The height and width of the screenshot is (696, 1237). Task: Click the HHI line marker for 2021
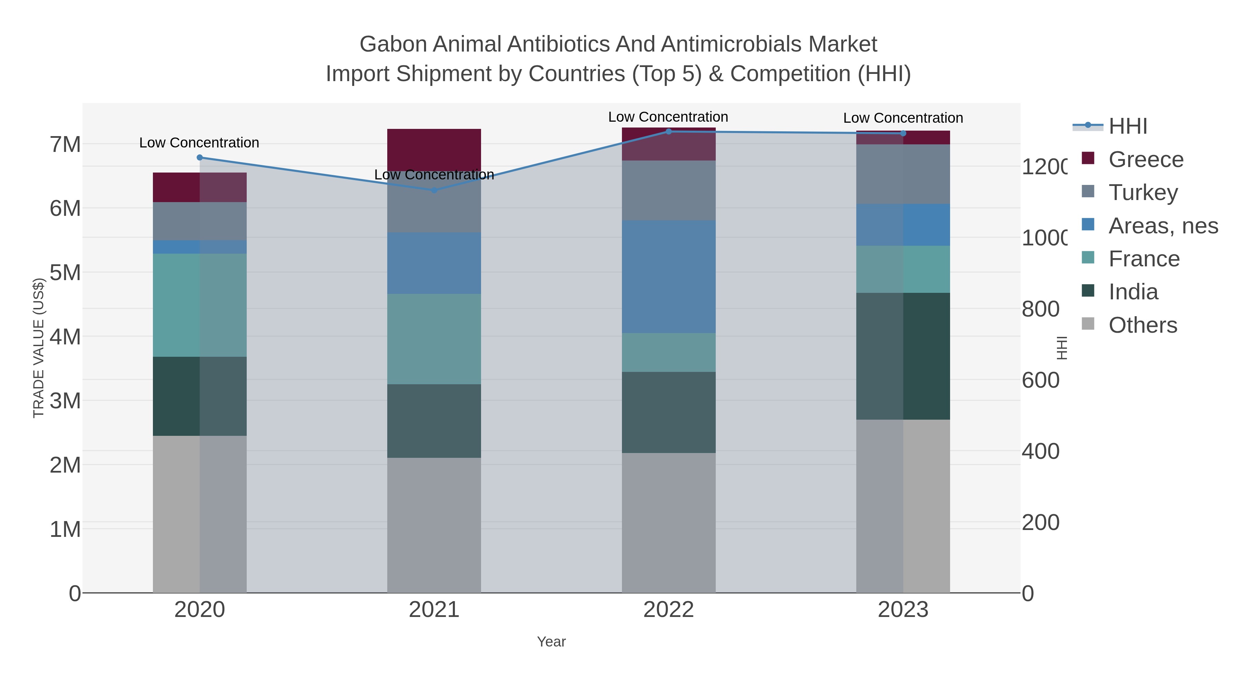[434, 190]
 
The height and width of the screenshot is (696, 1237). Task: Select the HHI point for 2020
[200, 157]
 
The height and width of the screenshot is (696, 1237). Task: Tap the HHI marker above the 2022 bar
[668, 132]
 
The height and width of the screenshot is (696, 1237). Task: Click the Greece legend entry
[1146, 159]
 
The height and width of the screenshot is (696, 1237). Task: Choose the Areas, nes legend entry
[1162, 226]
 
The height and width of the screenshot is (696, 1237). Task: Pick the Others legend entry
[1143, 325]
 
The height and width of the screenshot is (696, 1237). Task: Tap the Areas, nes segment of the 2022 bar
[668, 277]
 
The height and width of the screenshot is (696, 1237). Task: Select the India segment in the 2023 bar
[903, 356]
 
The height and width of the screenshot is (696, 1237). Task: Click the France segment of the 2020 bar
[200, 305]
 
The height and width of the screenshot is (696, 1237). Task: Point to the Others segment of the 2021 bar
[434, 524]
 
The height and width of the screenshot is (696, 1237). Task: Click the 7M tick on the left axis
[65, 144]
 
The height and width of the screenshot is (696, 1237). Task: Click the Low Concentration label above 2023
[903, 118]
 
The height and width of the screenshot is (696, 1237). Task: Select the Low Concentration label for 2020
[199, 143]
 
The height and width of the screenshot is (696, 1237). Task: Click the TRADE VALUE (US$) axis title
[38, 348]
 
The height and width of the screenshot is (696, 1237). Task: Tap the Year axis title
[551, 642]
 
